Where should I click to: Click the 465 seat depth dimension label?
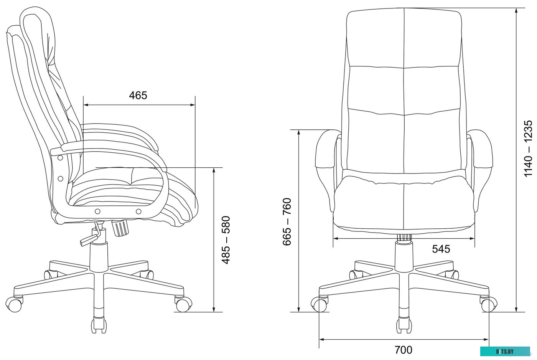(138, 96)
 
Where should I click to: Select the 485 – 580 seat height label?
(226, 240)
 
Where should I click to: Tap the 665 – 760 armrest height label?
(287, 221)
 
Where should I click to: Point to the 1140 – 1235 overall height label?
(528, 149)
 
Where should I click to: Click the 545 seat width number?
(441, 249)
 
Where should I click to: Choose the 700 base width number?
(404, 350)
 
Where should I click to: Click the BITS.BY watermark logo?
(505, 352)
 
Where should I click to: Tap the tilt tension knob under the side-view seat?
(120, 228)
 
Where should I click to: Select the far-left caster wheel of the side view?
(14, 304)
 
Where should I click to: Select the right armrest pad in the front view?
(480, 149)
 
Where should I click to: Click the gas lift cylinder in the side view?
(99, 257)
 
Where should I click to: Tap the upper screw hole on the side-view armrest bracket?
(61, 158)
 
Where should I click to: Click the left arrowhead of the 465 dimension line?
(86, 105)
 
